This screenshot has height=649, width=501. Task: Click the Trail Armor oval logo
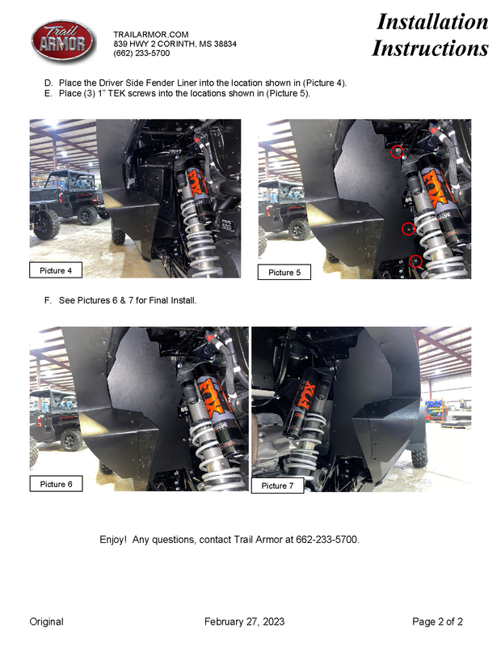[62, 41]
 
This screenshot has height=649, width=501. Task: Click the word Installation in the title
[432, 22]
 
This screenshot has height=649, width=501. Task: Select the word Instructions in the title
[430, 48]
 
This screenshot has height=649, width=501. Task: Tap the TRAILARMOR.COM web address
[151, 34]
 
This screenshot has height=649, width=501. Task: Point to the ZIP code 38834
[225, 44]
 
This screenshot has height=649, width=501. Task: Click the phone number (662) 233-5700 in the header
[141, 53]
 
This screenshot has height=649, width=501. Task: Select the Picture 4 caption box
[56, 269]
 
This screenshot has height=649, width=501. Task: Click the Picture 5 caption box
[284, 272]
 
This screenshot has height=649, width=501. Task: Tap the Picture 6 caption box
[57, 484]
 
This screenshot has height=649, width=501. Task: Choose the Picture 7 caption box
[277, 486]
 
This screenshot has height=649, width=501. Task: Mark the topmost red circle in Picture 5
[397, 152]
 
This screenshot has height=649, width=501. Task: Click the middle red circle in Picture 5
[408, 228]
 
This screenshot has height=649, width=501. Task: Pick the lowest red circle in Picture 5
[415, 261]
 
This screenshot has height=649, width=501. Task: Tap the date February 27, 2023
[244, 621]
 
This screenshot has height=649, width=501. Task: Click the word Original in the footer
[46, 621]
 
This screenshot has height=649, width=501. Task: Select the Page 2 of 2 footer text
[437, 621]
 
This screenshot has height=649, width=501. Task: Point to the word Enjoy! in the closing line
[113, 540]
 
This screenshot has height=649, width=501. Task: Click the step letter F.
[48, 300]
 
